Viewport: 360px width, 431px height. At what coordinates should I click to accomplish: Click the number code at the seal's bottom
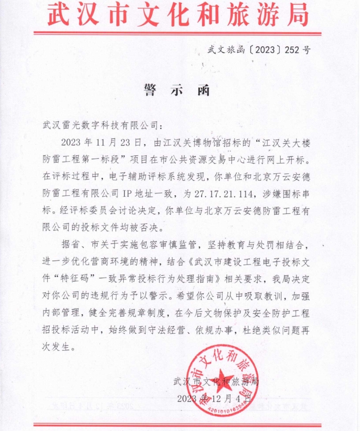225,408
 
